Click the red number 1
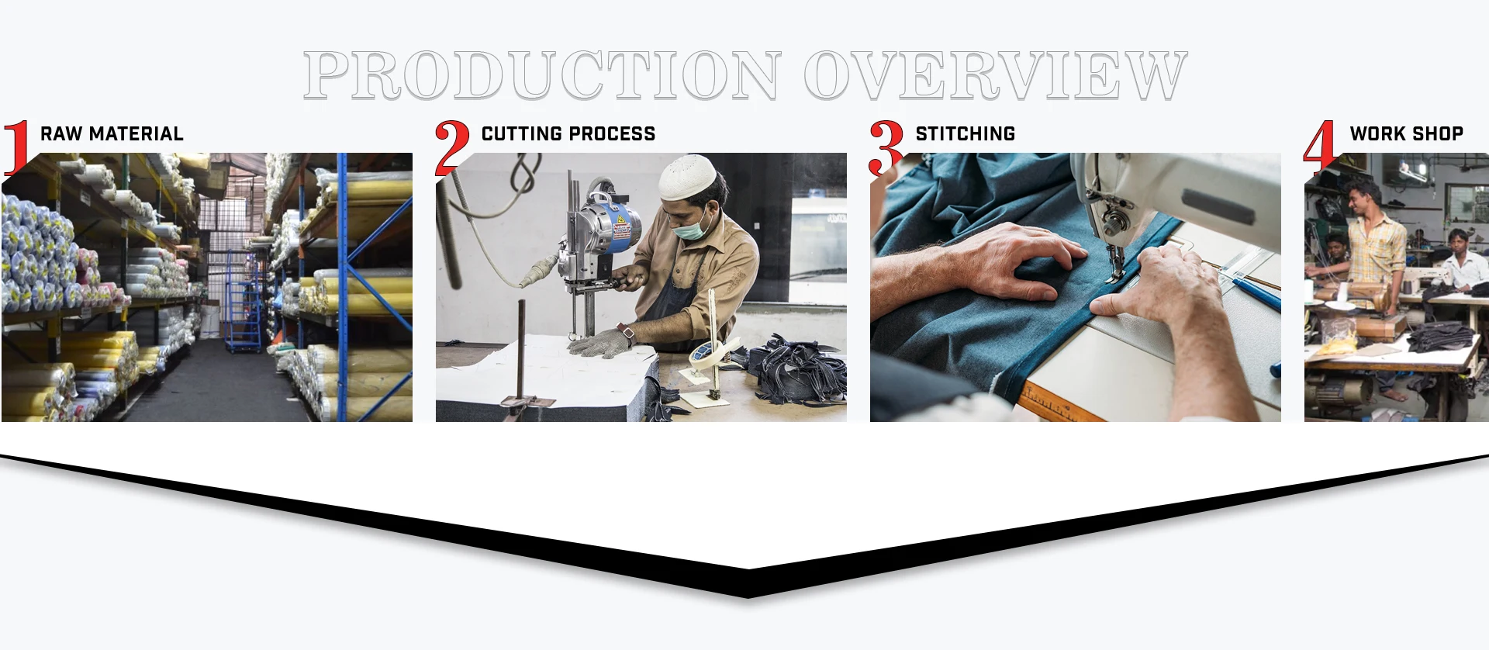(17, 147)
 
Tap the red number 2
(452, 147)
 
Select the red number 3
(886, 147)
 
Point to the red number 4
(1320, 147)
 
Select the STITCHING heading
(966, 134)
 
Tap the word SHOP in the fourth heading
(1438, 134)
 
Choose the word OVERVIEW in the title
(996, 75)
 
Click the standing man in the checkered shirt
(1375, 264)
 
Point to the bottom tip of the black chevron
(748, 598)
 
